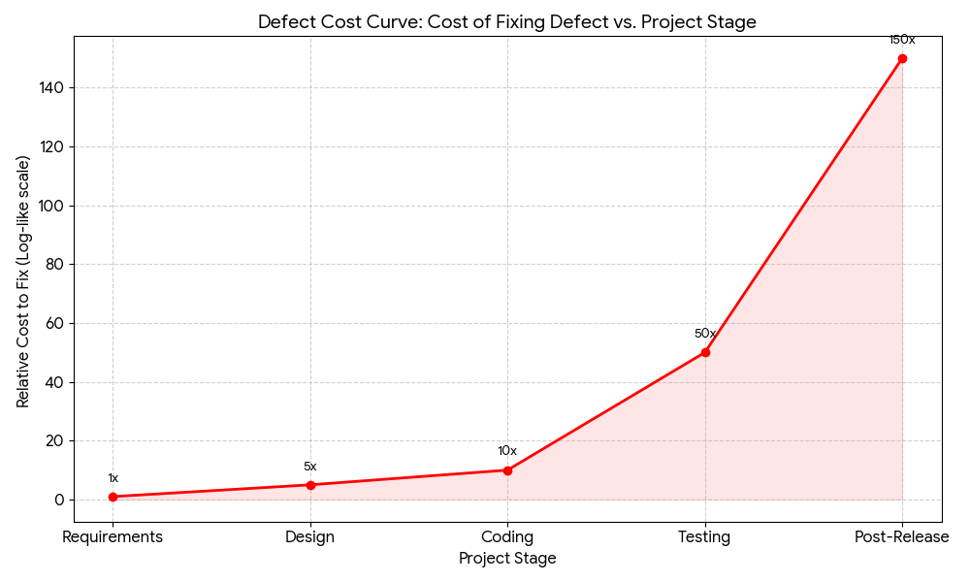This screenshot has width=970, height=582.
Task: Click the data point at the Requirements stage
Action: tap(113, 497)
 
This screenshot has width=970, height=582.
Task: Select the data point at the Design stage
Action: tap(310, 485)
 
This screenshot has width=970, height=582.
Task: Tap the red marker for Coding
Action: tap(507, 470)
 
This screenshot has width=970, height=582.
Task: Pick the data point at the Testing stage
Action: tap(705, 352)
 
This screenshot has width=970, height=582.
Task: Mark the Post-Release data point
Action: tap(902, 58)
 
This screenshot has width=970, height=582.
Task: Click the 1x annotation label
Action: tap(113, 478)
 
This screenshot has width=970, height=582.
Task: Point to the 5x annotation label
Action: tap(310, 467)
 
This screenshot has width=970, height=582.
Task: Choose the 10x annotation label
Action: tap(507, 451)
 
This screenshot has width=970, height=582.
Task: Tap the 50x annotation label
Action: tap(705, 334)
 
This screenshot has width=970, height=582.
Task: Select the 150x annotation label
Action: tap(902, 40)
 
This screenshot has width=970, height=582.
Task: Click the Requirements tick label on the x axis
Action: tap(113, 536)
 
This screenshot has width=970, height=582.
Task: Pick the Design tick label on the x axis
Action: tap(310, 536)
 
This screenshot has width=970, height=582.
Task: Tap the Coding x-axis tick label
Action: tap(507, 536)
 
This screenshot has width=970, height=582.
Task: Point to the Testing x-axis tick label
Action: tap(705, 536)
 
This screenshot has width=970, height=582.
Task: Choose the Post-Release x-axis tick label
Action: tap(902, 536)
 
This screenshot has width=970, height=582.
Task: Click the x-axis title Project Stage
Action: tap(507, 559)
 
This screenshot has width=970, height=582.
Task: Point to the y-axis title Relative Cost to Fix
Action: tap(23, 281)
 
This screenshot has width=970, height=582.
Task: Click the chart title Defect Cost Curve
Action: tap(507, 21)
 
